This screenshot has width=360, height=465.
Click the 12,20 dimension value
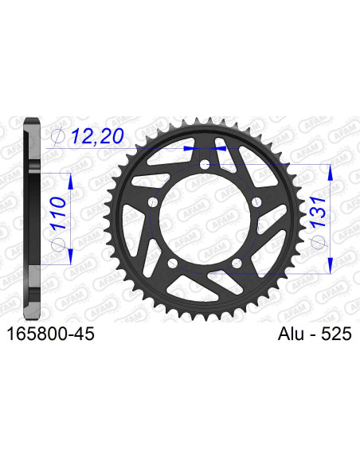click(x=97, y=136)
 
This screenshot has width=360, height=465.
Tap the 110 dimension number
click(x=58, y=213)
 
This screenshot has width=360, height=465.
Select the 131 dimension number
click(x=318, y=213)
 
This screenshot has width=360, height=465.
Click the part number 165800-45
click(x=50, y=334)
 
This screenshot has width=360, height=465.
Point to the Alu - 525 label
click(x=315, y=334)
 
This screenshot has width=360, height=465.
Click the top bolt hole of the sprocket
click(x=205, y=164)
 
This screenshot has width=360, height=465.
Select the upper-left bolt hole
click(x=153, y=202)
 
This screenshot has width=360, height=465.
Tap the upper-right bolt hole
click(x=256, y=202)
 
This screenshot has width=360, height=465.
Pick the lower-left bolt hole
click(x=173, y=263)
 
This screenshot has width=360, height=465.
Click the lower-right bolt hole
click(x=237, y=263)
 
